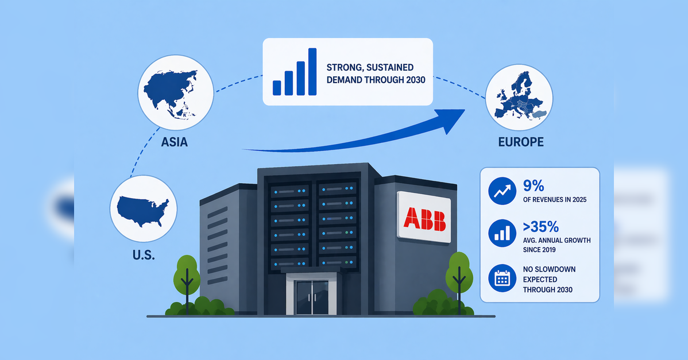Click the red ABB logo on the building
coord(424,218)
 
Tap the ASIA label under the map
coord(174,142)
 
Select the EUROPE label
coord(521,142)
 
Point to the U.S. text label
coord(144,255)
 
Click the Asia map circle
coord(176,92)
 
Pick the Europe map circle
coord(519,98)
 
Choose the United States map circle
coord(144,209)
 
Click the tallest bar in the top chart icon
coord(312,71)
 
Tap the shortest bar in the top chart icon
coord(277,88)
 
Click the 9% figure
coord(534,186)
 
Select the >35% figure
coord(540,227)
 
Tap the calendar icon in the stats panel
coord(502,278)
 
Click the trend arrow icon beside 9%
coord(502,191)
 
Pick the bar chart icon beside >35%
coord(502,233)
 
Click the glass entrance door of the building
coord(312,297)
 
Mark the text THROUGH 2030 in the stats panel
coord(548,289)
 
